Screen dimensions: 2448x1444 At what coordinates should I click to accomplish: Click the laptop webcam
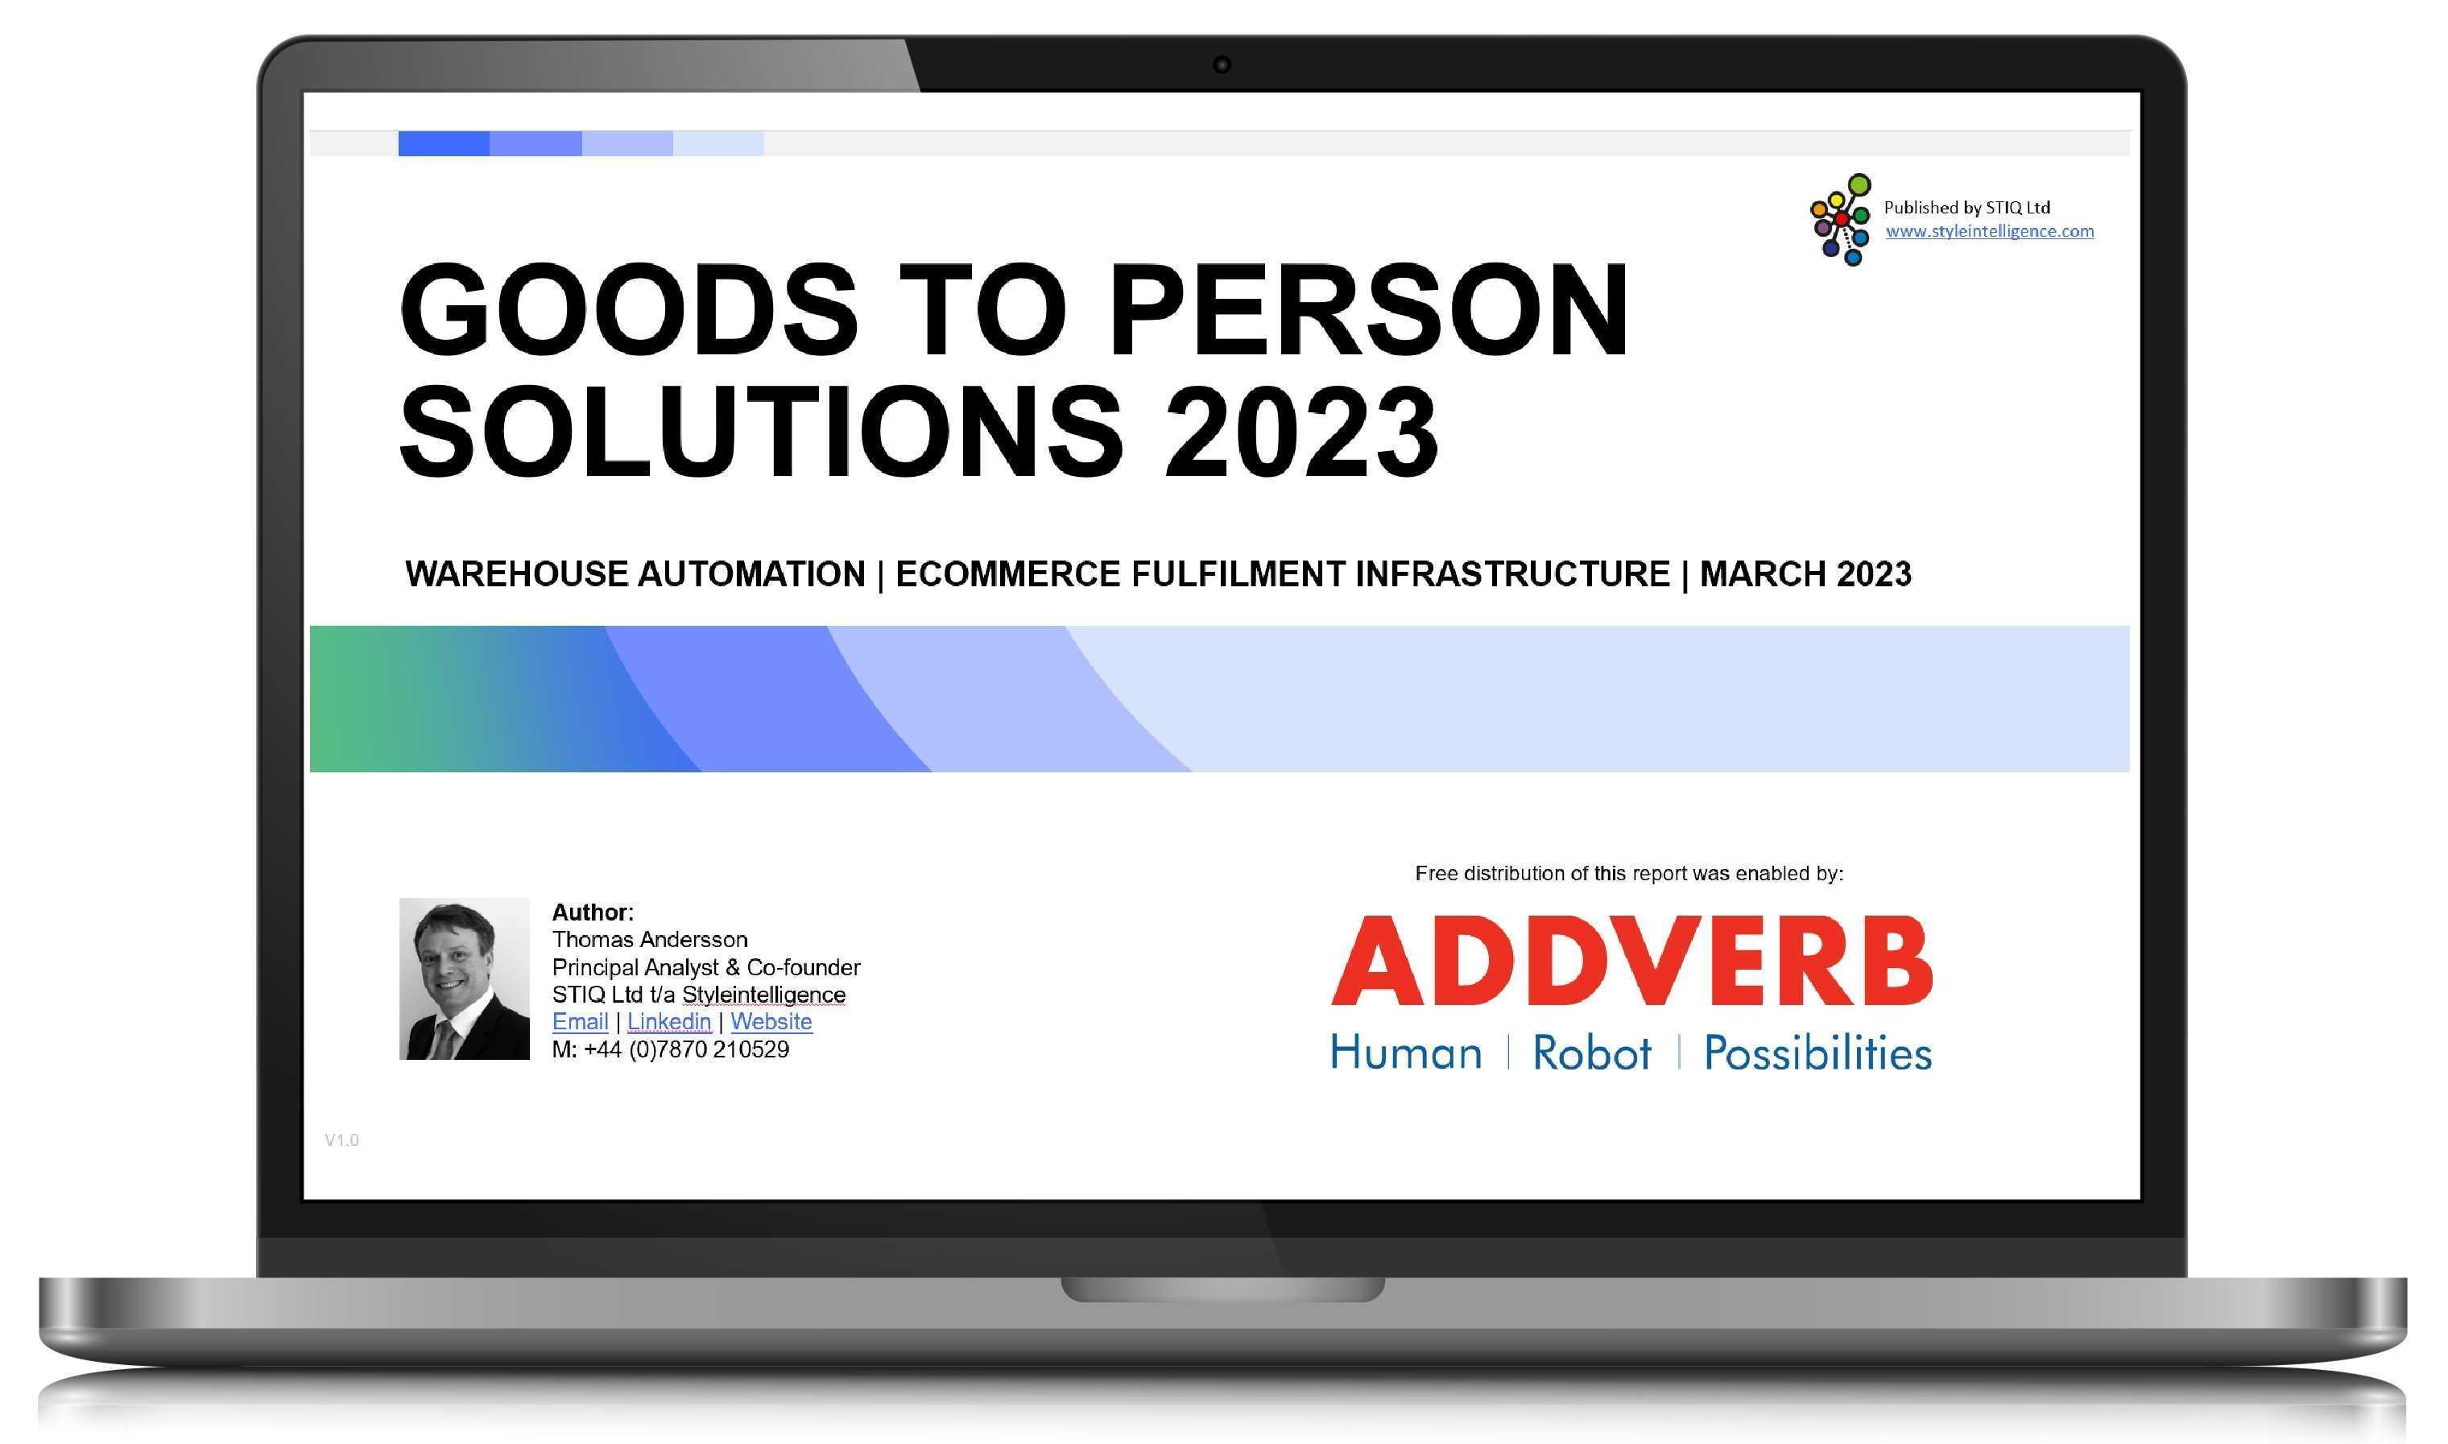tap(1222, 65)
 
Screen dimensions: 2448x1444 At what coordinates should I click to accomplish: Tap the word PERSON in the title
tap(1368, 308)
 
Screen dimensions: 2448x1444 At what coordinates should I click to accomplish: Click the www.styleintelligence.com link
tap(1990, 232)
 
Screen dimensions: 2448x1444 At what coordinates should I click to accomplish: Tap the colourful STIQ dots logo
tap(1840, 219)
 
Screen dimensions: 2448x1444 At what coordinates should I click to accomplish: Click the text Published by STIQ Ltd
tap(1966, 207)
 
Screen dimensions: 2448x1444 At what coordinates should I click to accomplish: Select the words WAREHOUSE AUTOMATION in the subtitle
tap(635, 574)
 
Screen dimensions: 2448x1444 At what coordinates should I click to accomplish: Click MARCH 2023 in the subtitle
tap(1805, 574)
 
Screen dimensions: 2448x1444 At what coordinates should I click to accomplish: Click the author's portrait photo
tap(464, 978)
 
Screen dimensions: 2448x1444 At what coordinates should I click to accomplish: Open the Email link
tap(580, 1022)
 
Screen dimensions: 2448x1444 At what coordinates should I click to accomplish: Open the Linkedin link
tap(669, 1022)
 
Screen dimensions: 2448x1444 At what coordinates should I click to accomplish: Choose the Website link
tap(771, 1022)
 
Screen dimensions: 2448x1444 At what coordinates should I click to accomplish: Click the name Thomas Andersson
tap(650, 940)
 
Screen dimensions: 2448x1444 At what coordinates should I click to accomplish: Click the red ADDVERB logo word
tap(1631, 961)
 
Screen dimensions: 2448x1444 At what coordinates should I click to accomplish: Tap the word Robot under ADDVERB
tap(1592, 1053)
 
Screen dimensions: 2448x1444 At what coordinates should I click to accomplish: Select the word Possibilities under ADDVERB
tap(1817, 1053)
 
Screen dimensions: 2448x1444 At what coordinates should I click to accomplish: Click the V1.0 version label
tap(341, 1140)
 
